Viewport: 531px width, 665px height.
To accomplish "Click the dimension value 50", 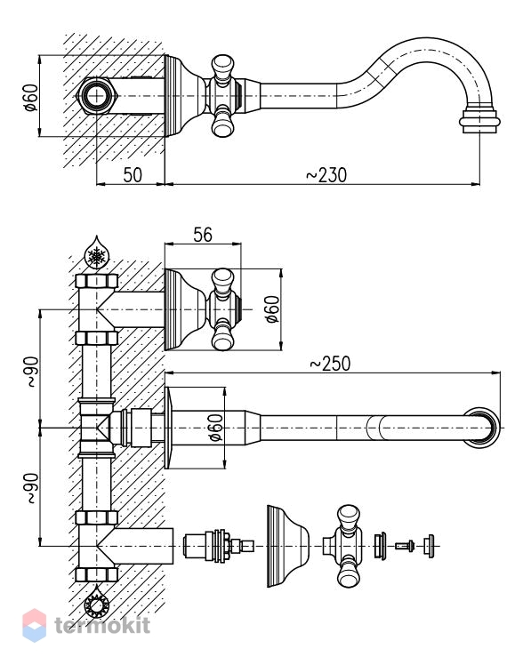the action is (x=133, y=175).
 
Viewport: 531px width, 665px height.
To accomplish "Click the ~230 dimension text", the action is (x=326, y=175).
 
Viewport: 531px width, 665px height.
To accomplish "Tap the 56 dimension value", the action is (x=203, y=235).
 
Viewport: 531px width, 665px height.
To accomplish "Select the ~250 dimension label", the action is (x=330, y=364).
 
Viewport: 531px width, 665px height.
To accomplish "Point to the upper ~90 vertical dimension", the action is (x=33, y=372).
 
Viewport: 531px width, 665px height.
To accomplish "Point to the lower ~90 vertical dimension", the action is (x=33, y=488).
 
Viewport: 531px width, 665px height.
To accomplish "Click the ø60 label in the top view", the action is (x=31, y=98).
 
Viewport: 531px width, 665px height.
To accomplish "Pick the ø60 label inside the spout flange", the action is (x=215, y=428).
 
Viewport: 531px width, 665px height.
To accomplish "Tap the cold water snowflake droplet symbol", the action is (x=97, y=252).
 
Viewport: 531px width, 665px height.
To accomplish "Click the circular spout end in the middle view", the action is (x=482, y=428).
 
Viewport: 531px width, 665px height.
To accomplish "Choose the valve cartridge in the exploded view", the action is (x=219, y=546).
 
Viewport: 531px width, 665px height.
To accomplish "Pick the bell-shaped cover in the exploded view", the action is (x=288, y=546).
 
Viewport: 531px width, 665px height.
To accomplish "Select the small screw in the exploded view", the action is (x=405, y=546).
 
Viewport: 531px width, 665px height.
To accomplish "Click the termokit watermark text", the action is (x=102, y=626).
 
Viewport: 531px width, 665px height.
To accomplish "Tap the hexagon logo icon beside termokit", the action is (x=35, y=626).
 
